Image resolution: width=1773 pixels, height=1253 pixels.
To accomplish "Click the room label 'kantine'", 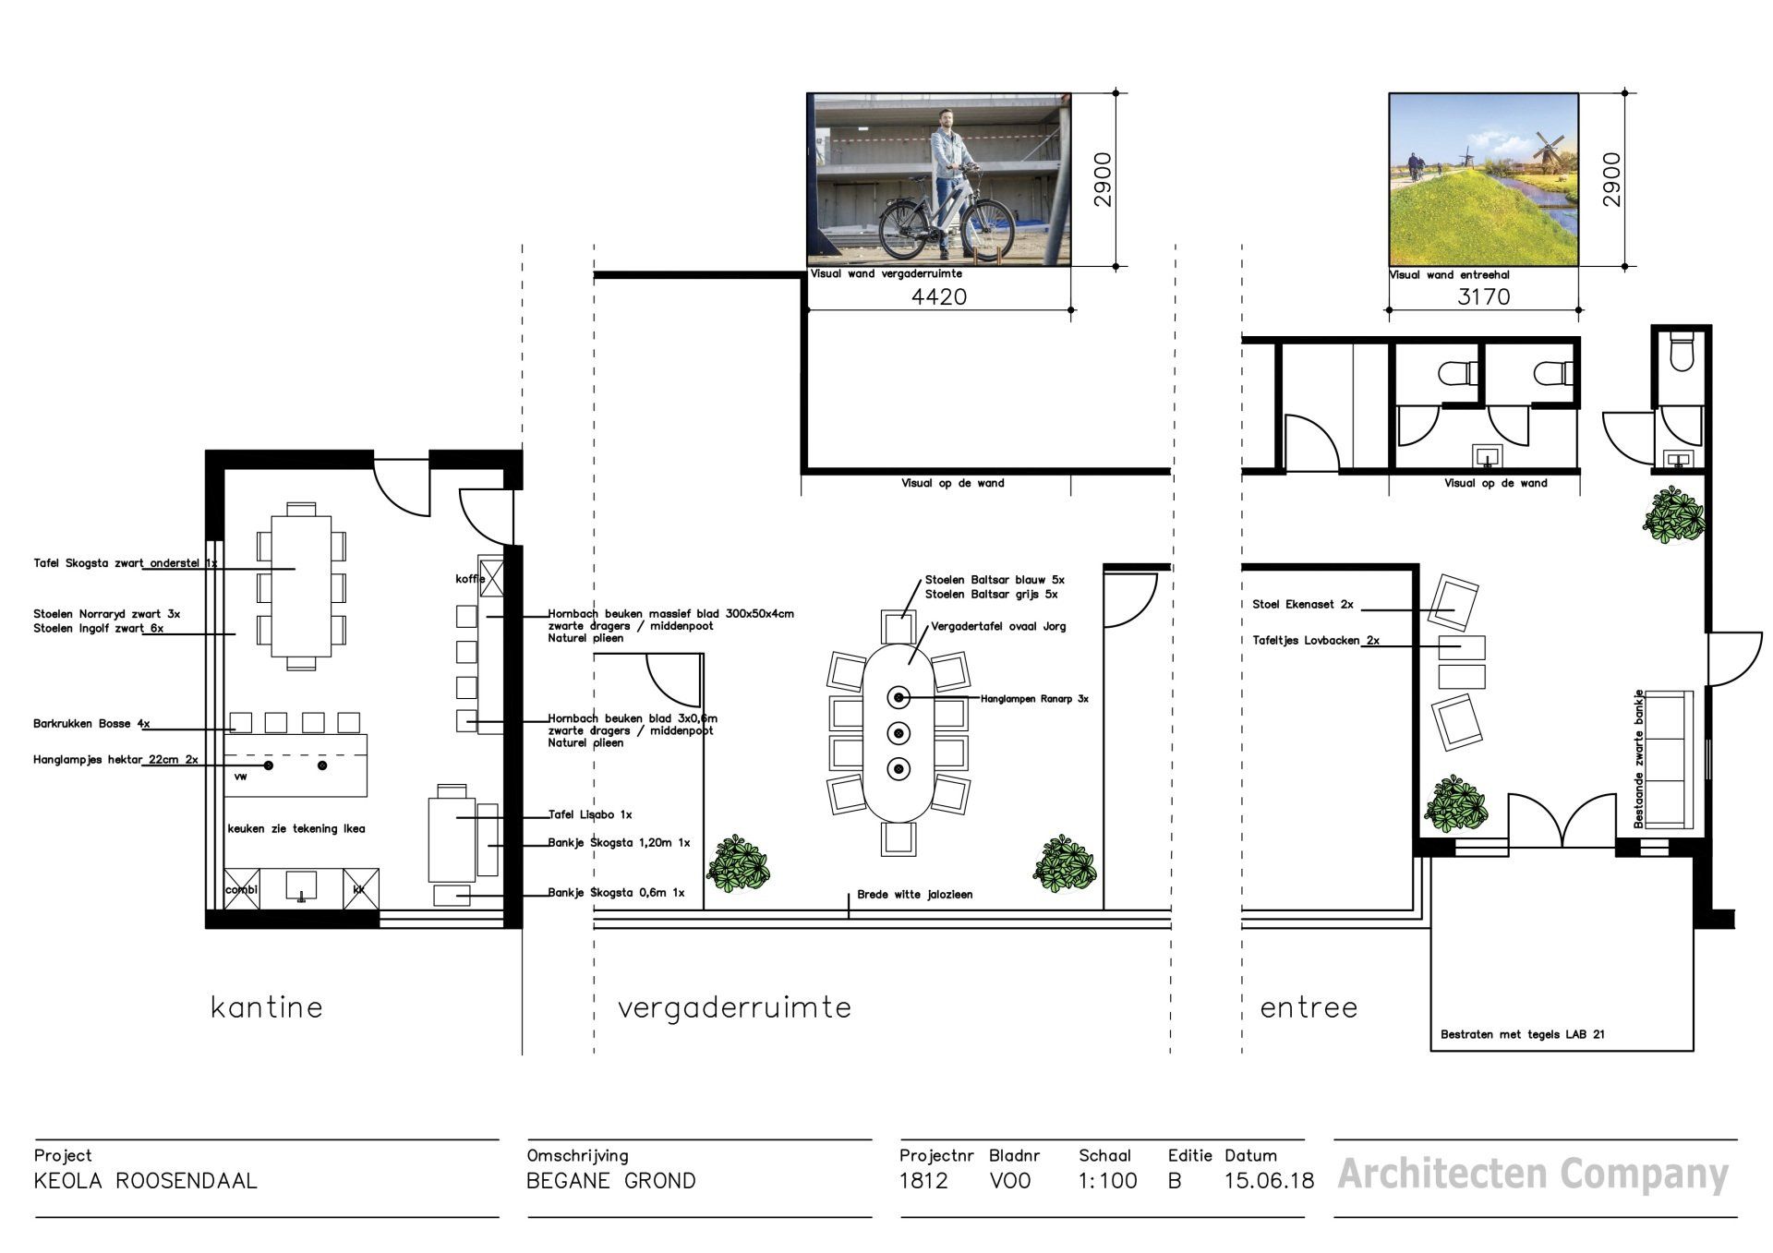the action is tap(267, 1006).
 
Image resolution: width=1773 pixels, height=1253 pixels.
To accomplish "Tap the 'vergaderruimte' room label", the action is tap(734, 1008).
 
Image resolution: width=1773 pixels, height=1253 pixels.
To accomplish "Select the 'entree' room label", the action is tap(1309, 1008).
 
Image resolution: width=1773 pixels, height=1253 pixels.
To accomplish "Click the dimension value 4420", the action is tap(939, 296).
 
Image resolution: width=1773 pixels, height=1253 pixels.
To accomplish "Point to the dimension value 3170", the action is tap(1484, 296).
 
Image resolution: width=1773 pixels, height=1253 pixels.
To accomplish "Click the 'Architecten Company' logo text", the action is tap(1532, 1175).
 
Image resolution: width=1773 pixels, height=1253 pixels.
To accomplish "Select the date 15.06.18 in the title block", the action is tap(1269, 1181).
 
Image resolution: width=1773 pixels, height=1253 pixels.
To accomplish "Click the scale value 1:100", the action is tap(1107, 1181).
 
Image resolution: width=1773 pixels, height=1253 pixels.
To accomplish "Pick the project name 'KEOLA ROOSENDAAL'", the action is tap(145, 1181).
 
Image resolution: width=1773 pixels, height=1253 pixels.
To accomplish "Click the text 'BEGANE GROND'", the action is tap(611, 1181).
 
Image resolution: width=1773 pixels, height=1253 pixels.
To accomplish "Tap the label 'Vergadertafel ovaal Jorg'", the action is tap(998, 626).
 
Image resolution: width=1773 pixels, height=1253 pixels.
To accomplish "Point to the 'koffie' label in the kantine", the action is tap(470, 579).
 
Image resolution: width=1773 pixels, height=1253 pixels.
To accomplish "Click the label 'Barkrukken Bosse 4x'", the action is tap(91, 724).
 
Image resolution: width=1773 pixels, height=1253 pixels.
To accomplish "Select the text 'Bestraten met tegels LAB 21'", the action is tap(1523, 1034).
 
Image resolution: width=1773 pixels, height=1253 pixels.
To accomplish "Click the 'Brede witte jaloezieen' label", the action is tap(914, 895).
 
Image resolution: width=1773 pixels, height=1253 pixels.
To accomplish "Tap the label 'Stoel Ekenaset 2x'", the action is tap(1303, 605).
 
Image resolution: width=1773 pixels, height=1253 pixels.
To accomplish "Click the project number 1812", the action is tap(923, 1181).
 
